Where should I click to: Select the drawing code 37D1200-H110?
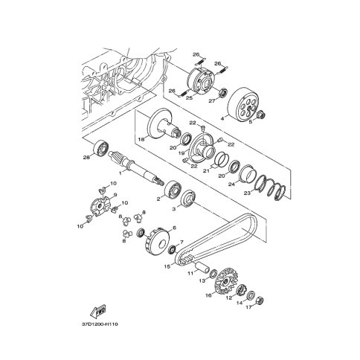(x=100, y=324)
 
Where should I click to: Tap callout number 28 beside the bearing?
(x=86, y=157)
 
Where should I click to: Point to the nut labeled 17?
(x=260, y=300)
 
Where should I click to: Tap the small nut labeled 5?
(x=261, y=115)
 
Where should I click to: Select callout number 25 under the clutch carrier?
(x=189, y=98)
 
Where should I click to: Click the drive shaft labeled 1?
(x=135, y=167)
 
